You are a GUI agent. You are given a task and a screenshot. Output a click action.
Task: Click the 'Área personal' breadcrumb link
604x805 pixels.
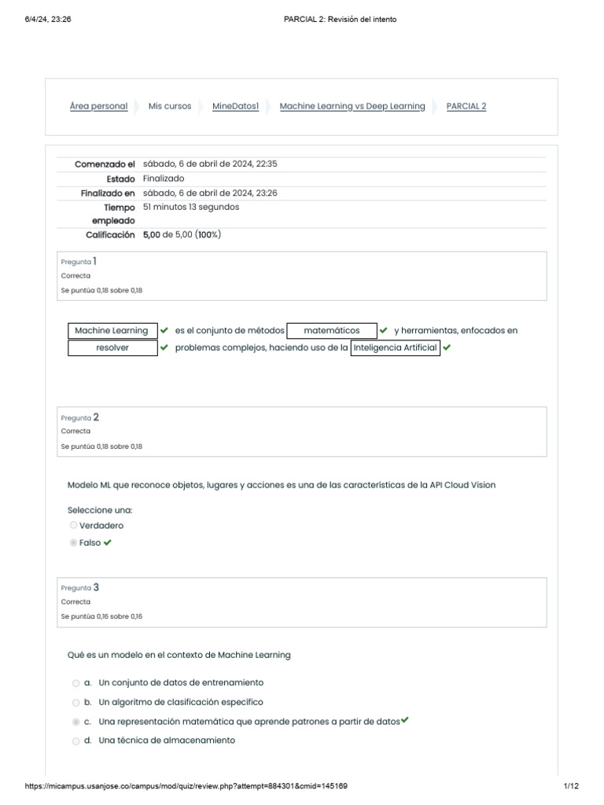(98, 106)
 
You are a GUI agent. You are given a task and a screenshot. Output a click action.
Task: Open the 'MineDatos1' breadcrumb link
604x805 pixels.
(235, 106)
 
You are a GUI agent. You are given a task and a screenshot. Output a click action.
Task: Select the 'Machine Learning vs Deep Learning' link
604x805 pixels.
(352, 106)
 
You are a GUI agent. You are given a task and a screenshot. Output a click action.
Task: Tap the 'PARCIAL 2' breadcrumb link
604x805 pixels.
(466, 106)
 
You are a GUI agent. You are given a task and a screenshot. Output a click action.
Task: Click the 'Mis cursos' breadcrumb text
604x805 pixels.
(170, 106)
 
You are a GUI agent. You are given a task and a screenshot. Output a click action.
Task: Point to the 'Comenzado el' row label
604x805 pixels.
(105, 164)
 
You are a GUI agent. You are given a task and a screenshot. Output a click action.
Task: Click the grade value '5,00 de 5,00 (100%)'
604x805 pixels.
(182, 234)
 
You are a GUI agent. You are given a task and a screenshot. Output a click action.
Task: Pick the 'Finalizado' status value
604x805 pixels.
(164, 178)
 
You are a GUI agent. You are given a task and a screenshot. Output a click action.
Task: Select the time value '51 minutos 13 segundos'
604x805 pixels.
(191, 207)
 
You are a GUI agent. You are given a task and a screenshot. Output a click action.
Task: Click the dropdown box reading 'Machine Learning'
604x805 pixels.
(112, 331)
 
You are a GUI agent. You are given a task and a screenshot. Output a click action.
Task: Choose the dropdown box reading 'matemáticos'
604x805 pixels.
(332, 331)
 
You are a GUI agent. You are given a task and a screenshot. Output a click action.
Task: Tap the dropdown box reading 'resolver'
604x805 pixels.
(112, 347)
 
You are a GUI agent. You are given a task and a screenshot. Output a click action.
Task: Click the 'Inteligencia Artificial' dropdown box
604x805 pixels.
(395, 347)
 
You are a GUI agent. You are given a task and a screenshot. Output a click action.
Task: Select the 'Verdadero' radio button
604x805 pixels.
(73, 526)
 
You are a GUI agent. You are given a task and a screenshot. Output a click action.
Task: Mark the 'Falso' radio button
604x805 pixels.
(73, 543)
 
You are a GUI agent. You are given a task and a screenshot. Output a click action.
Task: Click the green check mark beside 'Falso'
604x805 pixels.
(108, 542)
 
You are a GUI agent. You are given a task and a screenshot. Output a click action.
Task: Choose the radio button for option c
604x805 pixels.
(75, 722)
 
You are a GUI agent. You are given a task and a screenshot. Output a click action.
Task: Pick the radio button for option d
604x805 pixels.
(75, 741)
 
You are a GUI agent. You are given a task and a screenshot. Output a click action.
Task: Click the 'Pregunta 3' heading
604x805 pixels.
(80, 587)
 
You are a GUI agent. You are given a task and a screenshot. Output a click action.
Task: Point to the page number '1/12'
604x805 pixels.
(571, 786)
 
